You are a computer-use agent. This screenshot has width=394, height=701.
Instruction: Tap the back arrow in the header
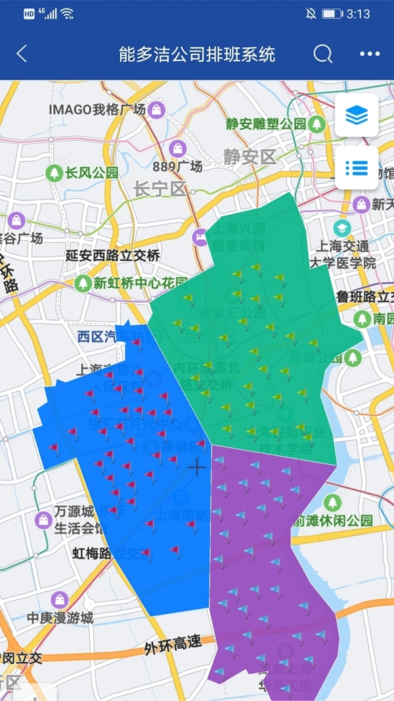[x=22, y=54]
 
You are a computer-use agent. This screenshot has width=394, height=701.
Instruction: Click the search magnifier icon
[x=322, y=54]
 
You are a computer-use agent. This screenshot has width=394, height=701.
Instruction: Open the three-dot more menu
[x=370, y=54]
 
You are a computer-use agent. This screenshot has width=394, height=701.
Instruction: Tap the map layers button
[x=357, y=116]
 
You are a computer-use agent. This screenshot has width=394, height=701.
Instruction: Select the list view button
[x=357, y=168]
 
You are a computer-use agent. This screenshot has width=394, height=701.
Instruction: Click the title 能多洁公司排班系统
[x=197, y=54]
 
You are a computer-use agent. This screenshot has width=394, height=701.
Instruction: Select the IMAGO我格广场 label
[x=97, y=110]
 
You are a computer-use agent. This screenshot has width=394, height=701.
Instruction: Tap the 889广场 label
[x=177, y=166]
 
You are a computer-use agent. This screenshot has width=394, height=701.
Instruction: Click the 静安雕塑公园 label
[x=266, y=124]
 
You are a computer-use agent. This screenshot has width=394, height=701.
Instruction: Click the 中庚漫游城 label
[x=60, y=618]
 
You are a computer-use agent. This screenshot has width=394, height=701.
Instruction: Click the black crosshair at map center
[x=196, y=467]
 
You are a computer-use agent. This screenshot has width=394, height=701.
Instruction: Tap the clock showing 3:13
[x=358, y=14]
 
